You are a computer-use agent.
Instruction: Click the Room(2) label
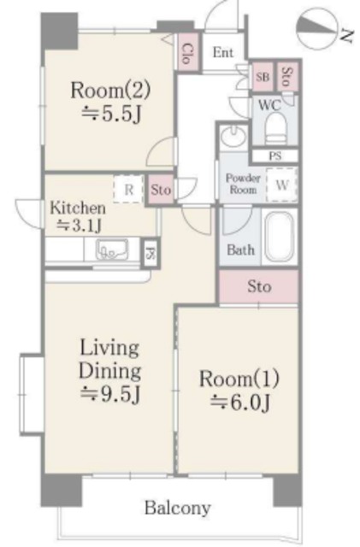coord(110,90)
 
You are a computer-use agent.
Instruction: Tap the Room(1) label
coord(239,379)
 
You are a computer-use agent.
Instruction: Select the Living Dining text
coord(110,359)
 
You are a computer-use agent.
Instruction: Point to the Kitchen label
coord(78,208)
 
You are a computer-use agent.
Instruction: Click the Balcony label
coord(178,509)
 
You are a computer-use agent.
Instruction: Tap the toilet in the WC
coord(275,128)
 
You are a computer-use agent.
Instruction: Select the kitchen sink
coord(112,249)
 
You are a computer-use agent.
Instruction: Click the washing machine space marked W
coord(282,185)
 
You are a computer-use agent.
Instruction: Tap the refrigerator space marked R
coord(128,190)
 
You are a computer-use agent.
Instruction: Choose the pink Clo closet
coord(187,53)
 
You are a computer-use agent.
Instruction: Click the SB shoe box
coord(263,77)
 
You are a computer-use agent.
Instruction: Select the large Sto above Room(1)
coord(259,287)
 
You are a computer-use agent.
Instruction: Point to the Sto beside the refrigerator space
coord(161,190)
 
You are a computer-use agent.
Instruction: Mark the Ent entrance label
coord(223,53)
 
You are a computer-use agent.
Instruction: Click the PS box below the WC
coord(275,156)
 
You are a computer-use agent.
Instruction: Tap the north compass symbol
coord(318,29)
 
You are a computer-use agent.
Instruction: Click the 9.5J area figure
coord(110,394)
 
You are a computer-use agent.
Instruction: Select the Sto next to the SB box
coord(287,77)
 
